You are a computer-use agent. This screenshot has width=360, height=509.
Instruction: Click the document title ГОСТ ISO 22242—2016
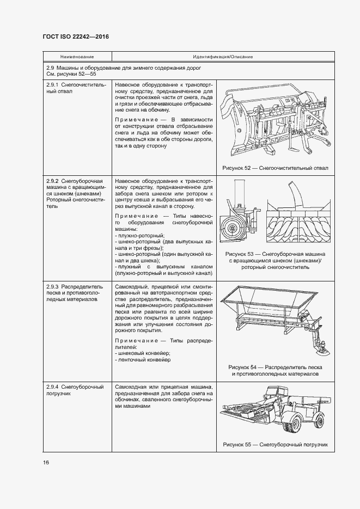(76, 36)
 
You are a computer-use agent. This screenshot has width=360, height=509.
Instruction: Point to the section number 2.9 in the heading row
(51, 68)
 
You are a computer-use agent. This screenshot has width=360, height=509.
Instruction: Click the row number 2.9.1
(52, 85)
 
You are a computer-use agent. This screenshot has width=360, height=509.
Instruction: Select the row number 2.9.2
(52, 180)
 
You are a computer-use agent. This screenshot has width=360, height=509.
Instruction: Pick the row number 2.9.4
(52, 387)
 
